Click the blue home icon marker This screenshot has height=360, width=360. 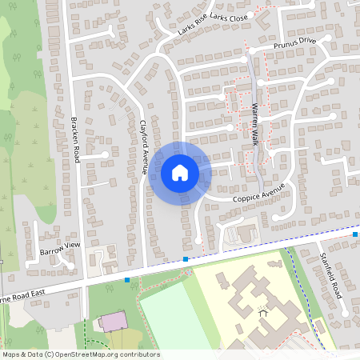click(180, 172)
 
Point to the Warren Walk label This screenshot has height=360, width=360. click(255, 121)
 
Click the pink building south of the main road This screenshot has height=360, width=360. click(112, 322)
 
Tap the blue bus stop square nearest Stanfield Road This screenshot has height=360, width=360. click(355, 234)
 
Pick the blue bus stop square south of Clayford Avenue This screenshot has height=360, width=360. click(186, 259)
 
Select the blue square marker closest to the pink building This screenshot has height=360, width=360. click(127, 280)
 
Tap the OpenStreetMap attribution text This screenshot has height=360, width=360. click(80, 354)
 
